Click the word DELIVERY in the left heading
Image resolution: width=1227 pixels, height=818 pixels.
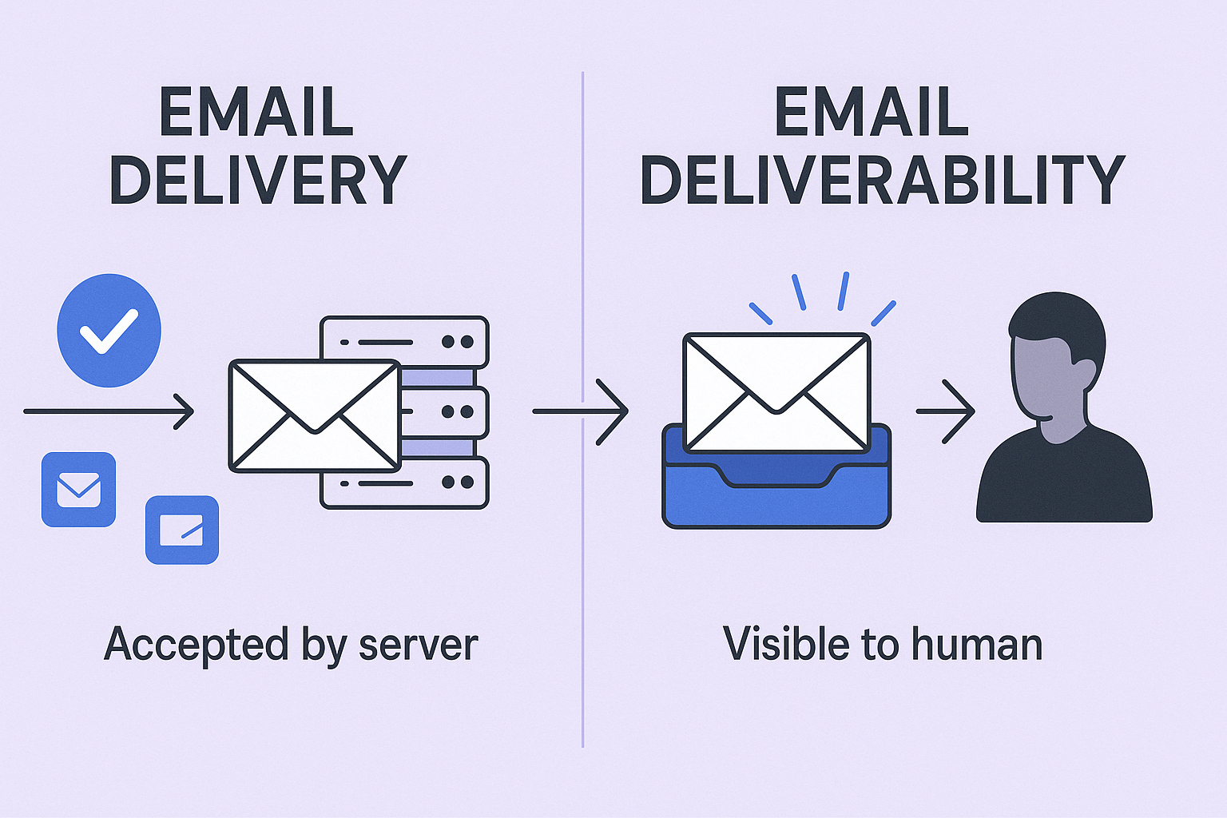[x=258, y=180]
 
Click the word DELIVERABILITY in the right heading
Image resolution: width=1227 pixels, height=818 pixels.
[x=882, y=180]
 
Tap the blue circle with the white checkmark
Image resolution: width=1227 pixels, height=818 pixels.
[x=109, y=330]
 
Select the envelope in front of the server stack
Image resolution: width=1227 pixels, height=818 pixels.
[x=315, y=415]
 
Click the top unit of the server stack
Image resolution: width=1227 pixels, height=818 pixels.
[x=404, y=341]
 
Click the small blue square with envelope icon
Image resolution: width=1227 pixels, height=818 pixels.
[x=78, y=489]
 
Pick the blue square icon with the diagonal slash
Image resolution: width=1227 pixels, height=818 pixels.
[x=181, y=530]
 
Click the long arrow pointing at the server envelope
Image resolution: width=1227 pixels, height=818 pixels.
[x=109, y=411]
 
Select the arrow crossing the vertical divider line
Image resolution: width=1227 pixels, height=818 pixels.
[x=581, y=411]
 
